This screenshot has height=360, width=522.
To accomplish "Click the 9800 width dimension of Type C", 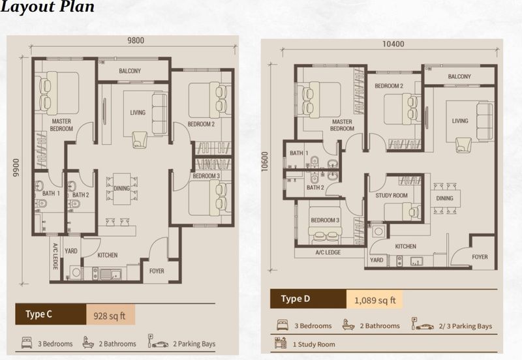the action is click(136, 40).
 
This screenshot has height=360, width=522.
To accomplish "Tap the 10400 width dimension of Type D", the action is click(393, 44).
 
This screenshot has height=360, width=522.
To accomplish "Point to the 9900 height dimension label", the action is click(16, 168).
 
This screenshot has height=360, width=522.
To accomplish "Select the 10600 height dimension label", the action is click(265, 162).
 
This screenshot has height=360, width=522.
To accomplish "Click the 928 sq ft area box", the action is click(110, 315).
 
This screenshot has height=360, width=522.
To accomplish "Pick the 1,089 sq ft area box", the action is click(375, 299).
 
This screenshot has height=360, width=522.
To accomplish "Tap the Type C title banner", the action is click(51, 314).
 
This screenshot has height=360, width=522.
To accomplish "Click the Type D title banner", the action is click(308, 299).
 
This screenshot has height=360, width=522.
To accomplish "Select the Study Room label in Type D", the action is click(391, 196).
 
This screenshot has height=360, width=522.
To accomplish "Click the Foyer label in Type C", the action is click(157, 271).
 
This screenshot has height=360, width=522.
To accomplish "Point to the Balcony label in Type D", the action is click(459, 76).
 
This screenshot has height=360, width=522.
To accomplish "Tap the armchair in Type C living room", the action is click(140, 140).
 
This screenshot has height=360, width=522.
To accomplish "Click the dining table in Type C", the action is click(121, 188).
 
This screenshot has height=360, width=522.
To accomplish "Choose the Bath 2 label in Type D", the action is click(315, 188).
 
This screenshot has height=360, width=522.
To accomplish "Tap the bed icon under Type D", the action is click(283, 325).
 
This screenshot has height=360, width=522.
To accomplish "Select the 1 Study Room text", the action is click(314, 344).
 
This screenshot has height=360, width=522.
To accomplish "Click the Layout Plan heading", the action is click(47, 7).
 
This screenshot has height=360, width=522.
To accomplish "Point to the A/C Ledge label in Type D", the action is click(328, 252).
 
